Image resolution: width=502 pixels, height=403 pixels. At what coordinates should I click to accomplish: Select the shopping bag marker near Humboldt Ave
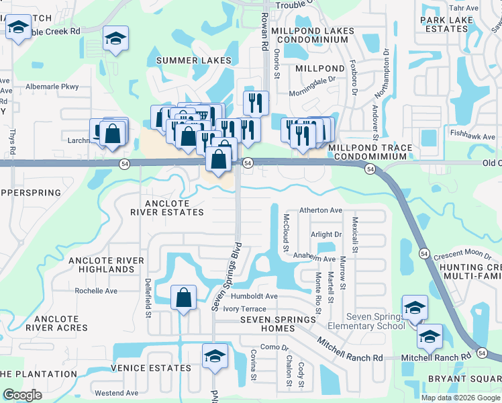click(x=183, y=298)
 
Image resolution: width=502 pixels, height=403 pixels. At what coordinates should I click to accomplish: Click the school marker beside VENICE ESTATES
click(x=215, y=356)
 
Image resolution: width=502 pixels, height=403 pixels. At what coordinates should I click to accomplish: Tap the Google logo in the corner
click(x=23, y=395)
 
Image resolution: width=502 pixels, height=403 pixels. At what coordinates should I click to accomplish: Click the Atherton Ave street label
click(x=321, y=210)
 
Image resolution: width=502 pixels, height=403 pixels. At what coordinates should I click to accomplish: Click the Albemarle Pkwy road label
click(x=52, y=87)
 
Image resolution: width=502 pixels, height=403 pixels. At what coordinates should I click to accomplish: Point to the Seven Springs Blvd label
click(x=226, y=275)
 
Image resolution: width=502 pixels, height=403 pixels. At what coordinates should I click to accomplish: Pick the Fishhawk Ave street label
click(x=474, y=134)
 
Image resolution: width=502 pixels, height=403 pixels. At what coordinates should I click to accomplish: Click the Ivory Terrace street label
click(x=249, y=308)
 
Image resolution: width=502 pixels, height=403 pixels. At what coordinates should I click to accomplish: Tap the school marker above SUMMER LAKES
click(x=115, y=40)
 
